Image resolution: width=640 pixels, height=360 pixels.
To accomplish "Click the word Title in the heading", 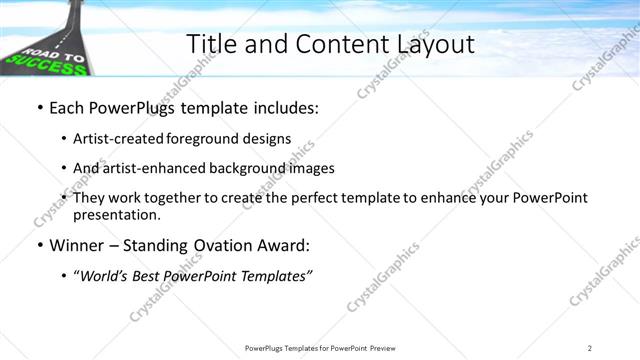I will (212, 44).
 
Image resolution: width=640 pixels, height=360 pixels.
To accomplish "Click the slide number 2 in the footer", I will (589, 347).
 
